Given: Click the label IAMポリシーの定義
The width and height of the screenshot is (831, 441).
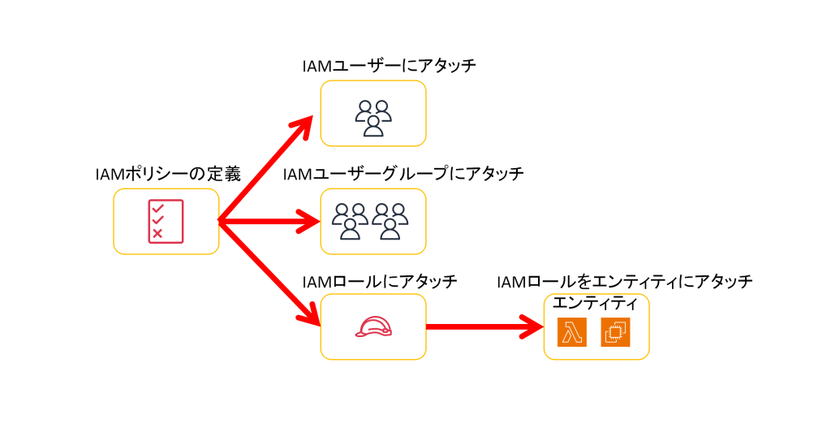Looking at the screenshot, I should (168, 174).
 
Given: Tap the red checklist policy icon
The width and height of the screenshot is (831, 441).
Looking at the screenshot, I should (166, 220).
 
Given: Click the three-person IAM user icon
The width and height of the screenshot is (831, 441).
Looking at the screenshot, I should (373, 118).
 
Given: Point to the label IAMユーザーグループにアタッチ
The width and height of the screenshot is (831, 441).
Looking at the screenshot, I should (403, 174).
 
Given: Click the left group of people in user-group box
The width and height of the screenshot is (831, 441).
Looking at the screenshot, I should (350, 221).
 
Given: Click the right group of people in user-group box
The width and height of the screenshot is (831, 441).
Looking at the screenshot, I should (391, 221).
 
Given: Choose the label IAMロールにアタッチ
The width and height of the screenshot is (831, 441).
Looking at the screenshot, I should (380, 282).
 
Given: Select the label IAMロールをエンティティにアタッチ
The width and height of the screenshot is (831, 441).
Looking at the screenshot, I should (625, 282).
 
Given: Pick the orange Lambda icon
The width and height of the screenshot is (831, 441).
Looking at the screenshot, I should (572, 332).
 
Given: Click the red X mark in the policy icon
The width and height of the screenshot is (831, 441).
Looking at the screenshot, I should (157, 234).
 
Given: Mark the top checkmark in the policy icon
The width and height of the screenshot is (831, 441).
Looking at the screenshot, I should (157, 207).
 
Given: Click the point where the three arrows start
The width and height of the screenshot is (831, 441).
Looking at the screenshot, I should (220, 221).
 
